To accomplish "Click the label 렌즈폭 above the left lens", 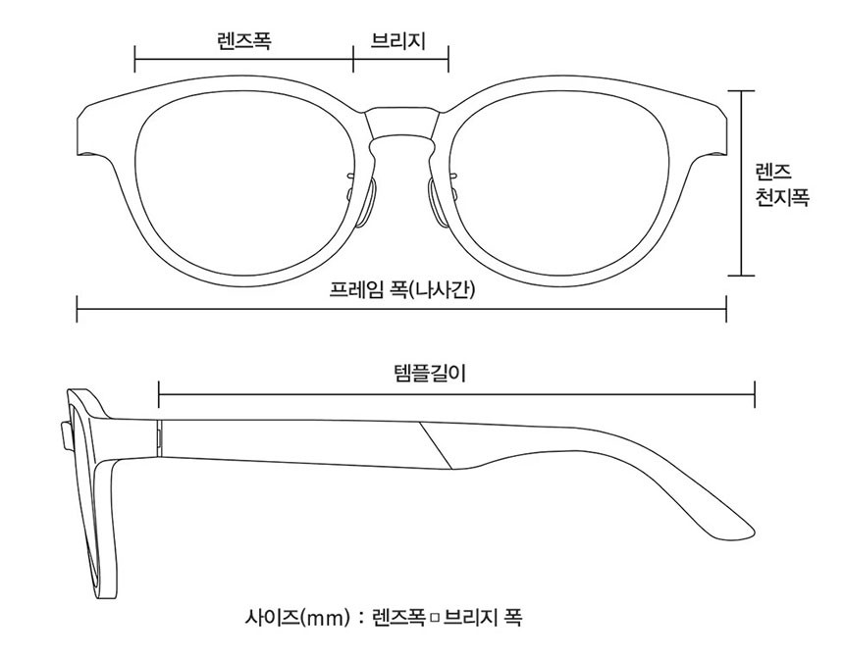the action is click(243, 41).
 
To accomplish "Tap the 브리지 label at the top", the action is click(398, 41).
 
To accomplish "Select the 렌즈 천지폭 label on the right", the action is click(781, 185).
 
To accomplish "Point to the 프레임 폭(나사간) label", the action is click(402, 290).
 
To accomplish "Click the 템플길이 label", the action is click(430, 373).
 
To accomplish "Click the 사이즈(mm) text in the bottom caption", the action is click(297, 617).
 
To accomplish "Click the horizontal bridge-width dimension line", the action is click(401, 58).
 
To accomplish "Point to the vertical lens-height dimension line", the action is click(741, 183).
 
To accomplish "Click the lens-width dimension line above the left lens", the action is click(243, 58).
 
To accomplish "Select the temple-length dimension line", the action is click(456, 394).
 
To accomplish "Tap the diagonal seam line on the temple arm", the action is click(436, 445).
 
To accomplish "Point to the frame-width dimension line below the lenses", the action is click(401, 309).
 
